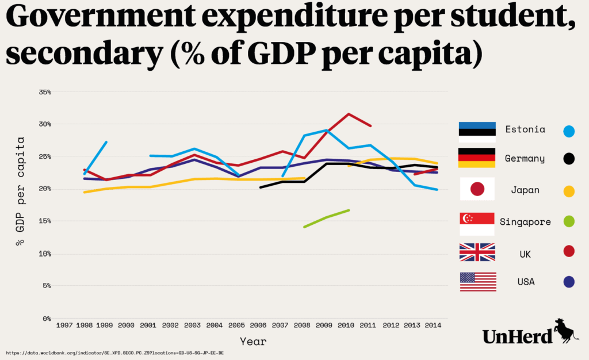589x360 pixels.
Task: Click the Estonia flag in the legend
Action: coord(477,132)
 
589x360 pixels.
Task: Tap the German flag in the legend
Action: coord(477,158)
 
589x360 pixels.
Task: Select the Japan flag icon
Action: coord(477,189)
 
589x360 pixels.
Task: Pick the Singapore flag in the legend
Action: coord(477,224)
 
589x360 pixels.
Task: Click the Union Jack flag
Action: coord(477,252)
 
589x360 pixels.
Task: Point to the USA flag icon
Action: coord(477,282)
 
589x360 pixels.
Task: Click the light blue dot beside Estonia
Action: coord(569,131)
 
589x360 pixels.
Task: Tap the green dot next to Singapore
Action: coord(569,221)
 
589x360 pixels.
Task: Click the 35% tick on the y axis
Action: coord(44,92)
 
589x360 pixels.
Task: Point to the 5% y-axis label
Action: coord(46,286)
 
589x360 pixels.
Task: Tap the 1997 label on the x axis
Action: coord(64,325)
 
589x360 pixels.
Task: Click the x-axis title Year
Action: coord(253,341)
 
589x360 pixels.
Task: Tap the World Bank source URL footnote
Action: coord(115,352)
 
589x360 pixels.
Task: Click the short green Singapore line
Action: coord(326,219)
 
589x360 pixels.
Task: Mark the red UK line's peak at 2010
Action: coord(348,114)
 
